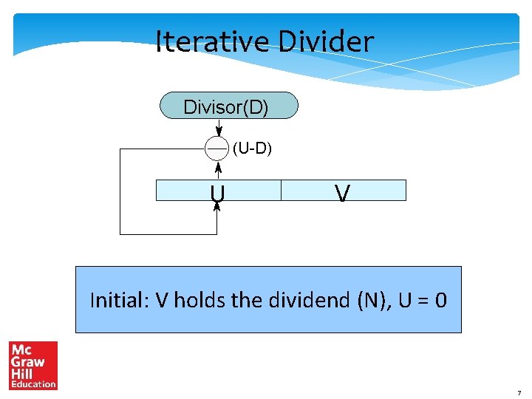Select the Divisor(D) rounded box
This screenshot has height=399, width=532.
pos(229,106)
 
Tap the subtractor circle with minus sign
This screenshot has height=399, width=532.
pos(216,149)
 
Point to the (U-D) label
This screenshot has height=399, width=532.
pos(253,149)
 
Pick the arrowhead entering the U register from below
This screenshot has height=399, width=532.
pos(217,206)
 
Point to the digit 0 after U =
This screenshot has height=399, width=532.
pos(440,300)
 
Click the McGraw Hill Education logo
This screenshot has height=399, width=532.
pos(33,365)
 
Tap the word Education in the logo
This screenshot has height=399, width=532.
pos(33,384)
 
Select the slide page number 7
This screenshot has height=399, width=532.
pos(519,392)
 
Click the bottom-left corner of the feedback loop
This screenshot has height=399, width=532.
pos(120,234)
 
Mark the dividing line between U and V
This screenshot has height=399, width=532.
pos(282,191)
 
